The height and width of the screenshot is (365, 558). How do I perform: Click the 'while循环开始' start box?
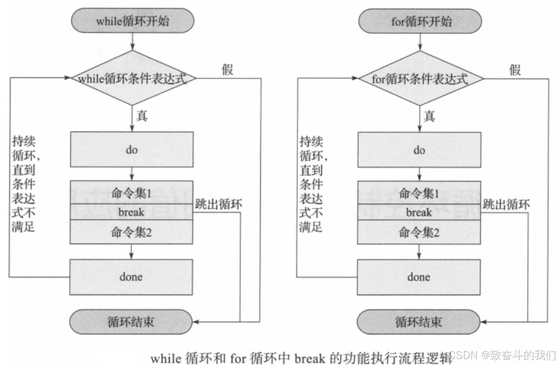[x=131, y=22]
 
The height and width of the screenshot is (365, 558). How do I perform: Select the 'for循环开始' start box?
[x=420, y=22]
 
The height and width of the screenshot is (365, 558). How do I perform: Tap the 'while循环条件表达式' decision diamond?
[x=131, y=79]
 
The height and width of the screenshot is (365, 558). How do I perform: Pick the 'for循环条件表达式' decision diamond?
[x=420, y=79]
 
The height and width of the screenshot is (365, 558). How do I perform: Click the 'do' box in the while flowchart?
[x=131, y=149]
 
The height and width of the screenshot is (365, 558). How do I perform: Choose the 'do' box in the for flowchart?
[x=419, y=150]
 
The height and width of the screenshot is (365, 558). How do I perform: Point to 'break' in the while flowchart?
[x=131, y=212]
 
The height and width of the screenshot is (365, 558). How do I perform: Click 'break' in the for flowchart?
[x=419, y=212]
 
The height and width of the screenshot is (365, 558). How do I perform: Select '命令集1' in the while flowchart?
[x=131, y=192]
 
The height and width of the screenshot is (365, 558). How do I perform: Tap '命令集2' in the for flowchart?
[x=419, y=232]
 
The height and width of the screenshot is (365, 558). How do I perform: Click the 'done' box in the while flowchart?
[x=131, y=277]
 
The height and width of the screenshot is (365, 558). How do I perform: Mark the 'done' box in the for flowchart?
[x=419, y=277]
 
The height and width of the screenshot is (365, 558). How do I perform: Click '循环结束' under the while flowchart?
[x=131, y=321]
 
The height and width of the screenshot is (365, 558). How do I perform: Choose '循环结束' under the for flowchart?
[x=419, y=321]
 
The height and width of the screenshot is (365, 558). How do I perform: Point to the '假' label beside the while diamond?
[x=228, y=69]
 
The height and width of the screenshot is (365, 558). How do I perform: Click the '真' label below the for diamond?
[x=429, y=116]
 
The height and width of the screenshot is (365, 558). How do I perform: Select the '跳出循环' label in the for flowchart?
[x=506, y=204]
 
